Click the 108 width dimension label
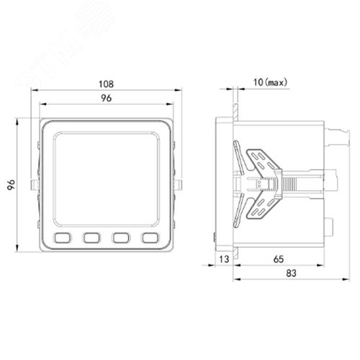(x=106, y=84)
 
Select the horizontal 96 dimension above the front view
(x=106, y=98)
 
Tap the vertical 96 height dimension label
(x=11, y=184)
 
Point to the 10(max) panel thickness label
(x=270, y=82)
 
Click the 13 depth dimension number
(x=224, y=259)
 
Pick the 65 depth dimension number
(x=279, y=259)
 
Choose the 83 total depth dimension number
(x=291, y=273)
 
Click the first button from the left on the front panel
(x=63, y=238)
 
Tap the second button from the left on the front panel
(x=91, y=238)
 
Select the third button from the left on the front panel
(x=121, y=238)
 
